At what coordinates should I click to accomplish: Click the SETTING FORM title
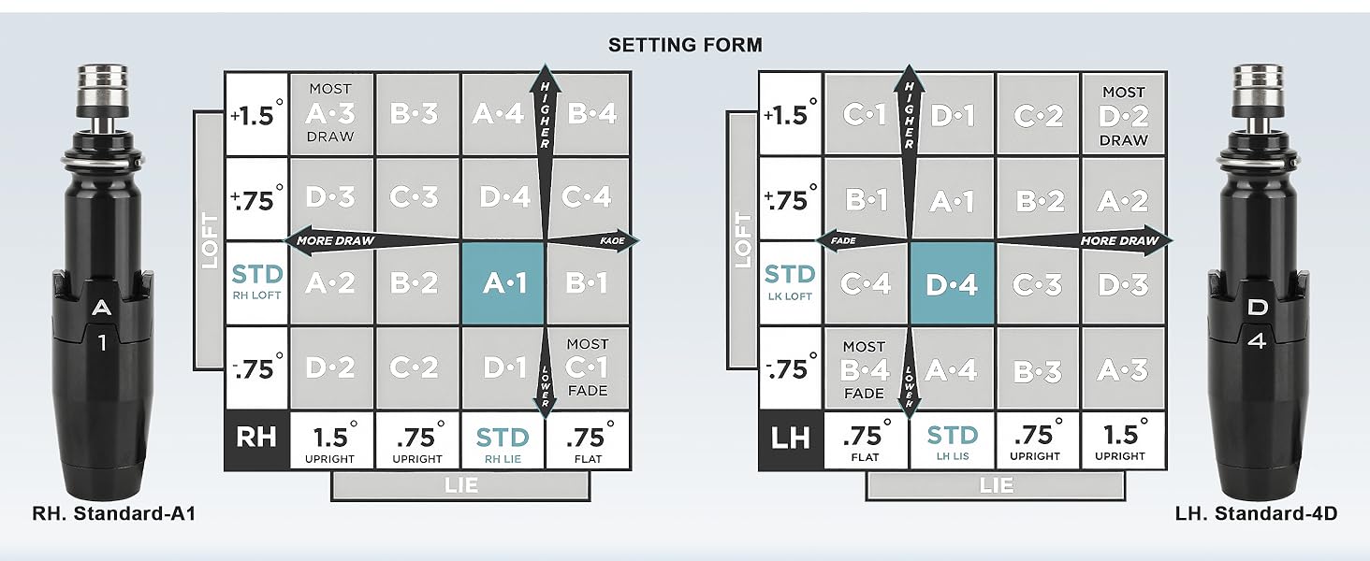click(685, 45)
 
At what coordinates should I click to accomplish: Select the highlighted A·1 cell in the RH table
click(503, 283)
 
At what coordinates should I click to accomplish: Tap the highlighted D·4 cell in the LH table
click(952, 283)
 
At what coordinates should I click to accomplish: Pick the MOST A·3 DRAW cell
click(331, 114)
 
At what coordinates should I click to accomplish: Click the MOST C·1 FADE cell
click(587, 367)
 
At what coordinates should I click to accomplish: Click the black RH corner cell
click(255, 440)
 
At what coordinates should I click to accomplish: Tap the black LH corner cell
click(791, 440)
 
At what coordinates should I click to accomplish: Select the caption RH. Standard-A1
click(113, 513)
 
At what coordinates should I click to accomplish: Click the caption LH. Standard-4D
click(1256, 513)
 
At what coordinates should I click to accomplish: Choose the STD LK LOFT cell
click(790, 283)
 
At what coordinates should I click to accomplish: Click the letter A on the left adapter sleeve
click(103, 307)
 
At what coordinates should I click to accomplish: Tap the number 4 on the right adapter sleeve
click(1257, 342)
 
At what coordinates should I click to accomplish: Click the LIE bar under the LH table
click(996, 485)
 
